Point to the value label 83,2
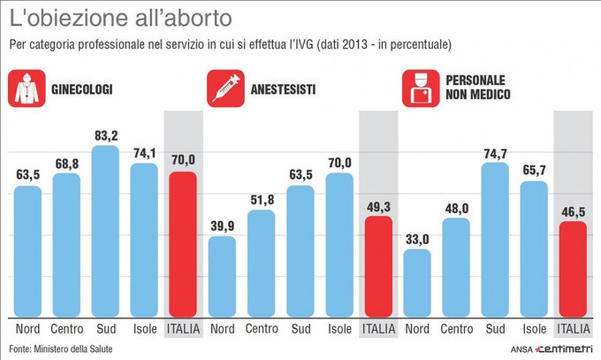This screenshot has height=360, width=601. [x=105, y=135]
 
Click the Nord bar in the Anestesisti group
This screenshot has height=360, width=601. [x=222, y=276]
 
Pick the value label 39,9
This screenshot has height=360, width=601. [x=222, y=226]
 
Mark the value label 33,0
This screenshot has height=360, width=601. [x=416, y=239]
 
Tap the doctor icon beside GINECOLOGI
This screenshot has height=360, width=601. [x=27, y=88]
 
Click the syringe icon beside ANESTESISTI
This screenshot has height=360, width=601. [x=224, y=88]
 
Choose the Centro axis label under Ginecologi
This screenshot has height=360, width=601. [x=66, y=330]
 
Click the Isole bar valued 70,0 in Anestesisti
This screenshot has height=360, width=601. [x=339, y=245]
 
